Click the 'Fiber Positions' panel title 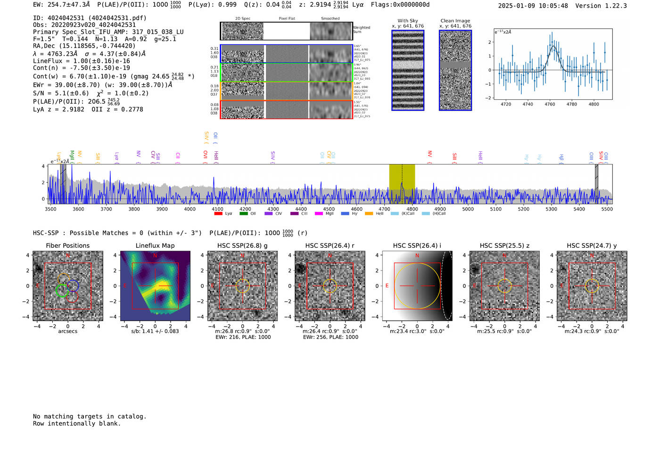[x=67, y=245]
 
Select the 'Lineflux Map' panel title [x=155, y=245]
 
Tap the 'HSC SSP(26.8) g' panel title [x=242, y=245]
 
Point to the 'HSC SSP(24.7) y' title [x=592, y=245]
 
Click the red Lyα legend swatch [x=218, y=213]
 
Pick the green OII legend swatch [x=243, y=213]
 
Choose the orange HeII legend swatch [x=369, y=213]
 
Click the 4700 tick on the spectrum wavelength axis [x=384, y=209]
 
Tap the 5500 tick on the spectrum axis [x=607, y=209]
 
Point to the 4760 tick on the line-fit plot [x=550, y=104]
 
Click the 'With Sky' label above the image [x=408, y=21]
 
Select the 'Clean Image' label [x=455, y=21]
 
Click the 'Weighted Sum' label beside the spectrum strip [x=362, y=30]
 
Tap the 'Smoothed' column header [x=330, y=19]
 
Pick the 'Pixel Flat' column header [x=287, y=19]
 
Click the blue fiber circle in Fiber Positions [x=73, y=286]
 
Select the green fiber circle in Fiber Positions [x=62, y=291]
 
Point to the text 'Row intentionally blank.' [x=77, y=424]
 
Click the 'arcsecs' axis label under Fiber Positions [x=67, y=331]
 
